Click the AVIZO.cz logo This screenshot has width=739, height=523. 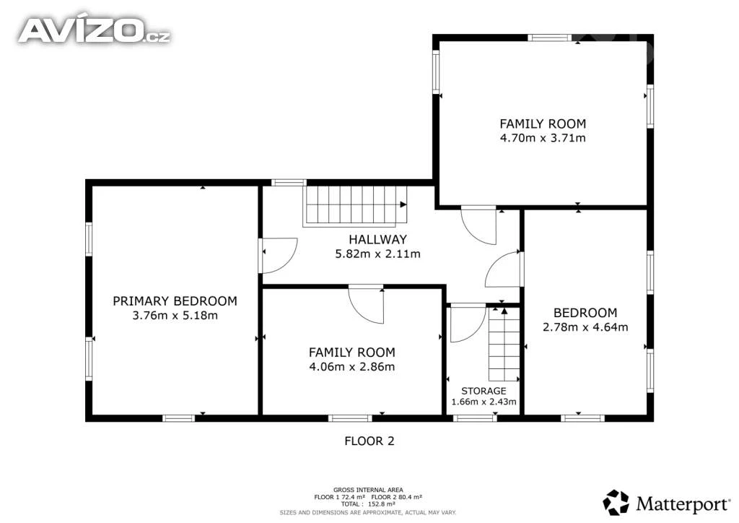[95, 30]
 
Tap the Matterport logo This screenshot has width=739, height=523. [666, 503]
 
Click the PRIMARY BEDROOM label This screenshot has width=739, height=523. [175, 301]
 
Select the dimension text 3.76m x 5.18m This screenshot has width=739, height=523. [175, 316]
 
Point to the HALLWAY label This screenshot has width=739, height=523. [377, 239]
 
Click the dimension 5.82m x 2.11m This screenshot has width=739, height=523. [377, 254]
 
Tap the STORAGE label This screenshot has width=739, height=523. [484, 391]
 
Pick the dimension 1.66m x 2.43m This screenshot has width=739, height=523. [484, 402]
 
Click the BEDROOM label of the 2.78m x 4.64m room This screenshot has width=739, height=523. [585, 313]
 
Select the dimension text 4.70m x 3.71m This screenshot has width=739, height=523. [543, 138]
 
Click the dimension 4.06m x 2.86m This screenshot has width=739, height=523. [351, 367]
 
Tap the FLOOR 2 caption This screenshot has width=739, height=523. [369, 441]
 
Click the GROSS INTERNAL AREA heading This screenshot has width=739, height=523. [368, 490]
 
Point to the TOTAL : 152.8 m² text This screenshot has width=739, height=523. [368, 504]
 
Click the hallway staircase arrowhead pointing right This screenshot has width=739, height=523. [403, 204]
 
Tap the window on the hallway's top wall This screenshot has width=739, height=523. [289, 183]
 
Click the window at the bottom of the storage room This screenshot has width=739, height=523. [475, 418]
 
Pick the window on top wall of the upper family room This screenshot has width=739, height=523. [549, 38]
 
